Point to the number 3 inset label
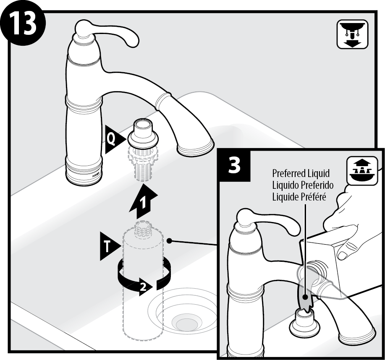pyautogui.click(x=234, y=166)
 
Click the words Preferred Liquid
pyautogui.click(x=301, y=173)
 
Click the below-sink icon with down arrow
pyautogui.click(x=352, y=35)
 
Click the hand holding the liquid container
pyautogui.click(x=353, y=222)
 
